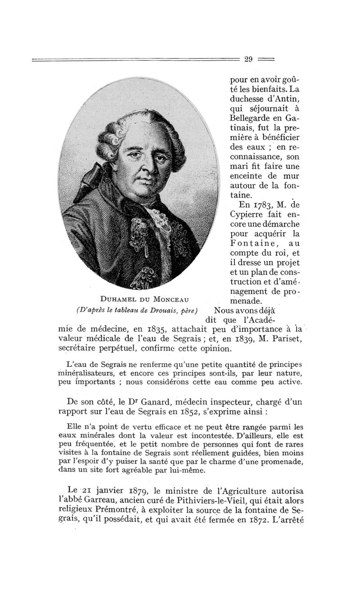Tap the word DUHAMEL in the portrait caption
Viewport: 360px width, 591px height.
click(117, 298)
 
